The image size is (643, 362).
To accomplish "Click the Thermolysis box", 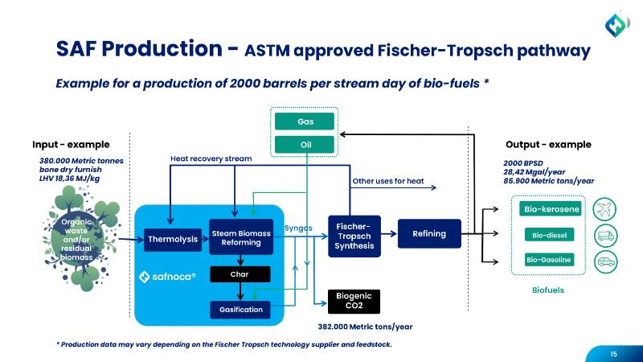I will tap(172, 239).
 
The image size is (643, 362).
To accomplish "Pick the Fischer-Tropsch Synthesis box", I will tap(352, 234).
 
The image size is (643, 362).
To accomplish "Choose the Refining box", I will tap(430, 234).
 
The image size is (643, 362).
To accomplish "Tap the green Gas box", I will tap(305, 121).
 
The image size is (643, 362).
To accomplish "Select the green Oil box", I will tap(305, 145).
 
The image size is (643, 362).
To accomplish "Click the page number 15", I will tap(613, 352).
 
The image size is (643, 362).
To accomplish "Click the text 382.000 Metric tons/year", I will tap(366, 327).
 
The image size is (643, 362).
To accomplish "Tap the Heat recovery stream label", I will tap(211, 159).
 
